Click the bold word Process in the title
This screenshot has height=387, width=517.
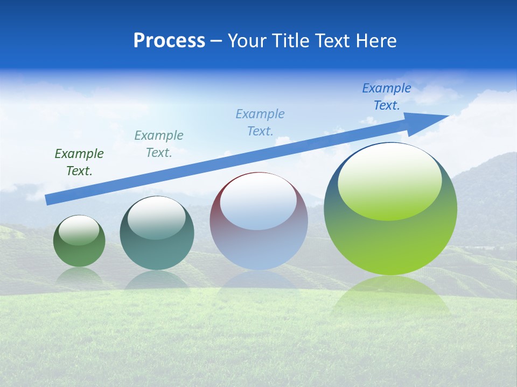click(x=169, y=41)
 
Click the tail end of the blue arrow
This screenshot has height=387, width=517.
click(x=48, y=199)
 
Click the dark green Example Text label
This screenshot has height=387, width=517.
click(x=79, y=162)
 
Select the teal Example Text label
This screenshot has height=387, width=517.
click(x=159, y=144)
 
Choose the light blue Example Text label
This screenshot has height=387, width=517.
click(x=260, y=123)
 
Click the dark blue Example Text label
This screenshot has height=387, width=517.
click(x=387, y=97)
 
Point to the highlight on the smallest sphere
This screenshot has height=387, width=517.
click(x=79, y=230)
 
